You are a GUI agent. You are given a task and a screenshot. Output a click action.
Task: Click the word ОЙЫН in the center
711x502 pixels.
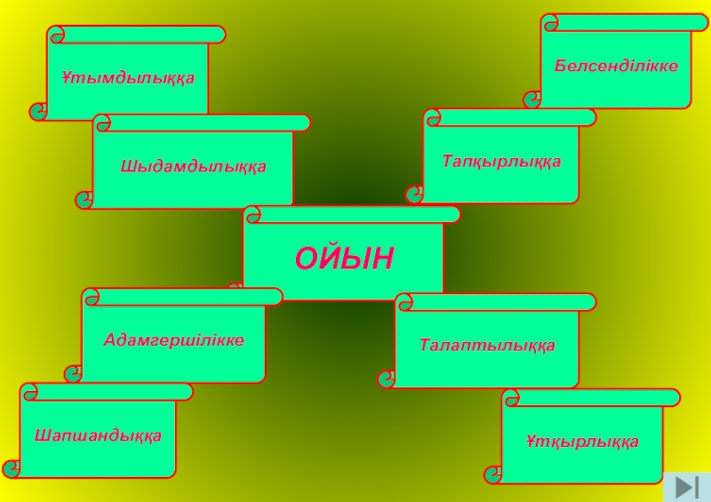tap(344, 259)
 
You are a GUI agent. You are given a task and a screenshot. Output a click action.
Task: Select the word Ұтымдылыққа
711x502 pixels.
tap(128, 78)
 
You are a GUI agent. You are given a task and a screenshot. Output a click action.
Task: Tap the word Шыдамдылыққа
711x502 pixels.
tap(193, 166)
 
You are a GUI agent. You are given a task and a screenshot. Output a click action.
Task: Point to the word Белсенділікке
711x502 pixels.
tap(616, 66)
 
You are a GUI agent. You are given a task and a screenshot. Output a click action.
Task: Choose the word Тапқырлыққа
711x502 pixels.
tap(501, 161)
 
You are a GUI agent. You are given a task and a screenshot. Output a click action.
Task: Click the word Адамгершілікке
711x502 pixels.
tap(173, 339)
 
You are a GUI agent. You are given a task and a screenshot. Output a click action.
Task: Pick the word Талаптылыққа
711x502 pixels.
tap(487, 345)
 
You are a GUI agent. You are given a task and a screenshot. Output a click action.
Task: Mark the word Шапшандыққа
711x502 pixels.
tap(98, 435)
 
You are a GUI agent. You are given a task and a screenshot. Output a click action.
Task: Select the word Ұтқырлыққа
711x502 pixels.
tap(582, 442)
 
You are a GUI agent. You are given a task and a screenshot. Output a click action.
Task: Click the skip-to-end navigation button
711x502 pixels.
tap(686, 487)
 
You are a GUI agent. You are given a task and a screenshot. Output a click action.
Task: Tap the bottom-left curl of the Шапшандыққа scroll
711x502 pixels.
tap(12, 468)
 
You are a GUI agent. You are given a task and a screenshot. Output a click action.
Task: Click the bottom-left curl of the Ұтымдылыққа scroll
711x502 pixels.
tap(39, 111)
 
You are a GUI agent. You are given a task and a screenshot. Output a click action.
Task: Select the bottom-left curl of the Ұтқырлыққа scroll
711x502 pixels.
tap(494, 474)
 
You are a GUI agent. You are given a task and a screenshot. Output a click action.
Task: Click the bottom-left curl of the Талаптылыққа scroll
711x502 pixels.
tap(387, 379)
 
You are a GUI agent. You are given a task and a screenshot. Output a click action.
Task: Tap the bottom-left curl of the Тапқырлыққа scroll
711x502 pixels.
tap(415, 195)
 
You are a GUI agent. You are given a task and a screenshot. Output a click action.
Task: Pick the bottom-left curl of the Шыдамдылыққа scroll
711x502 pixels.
tap(85, 200)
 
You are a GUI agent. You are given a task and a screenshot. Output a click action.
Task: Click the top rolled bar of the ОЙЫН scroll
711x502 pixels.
tap(353, 214)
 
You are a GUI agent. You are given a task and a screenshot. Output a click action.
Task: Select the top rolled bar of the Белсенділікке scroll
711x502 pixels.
tap(625, 22)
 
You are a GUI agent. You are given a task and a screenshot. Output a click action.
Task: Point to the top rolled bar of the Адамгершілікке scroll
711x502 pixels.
tap(182, 297)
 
